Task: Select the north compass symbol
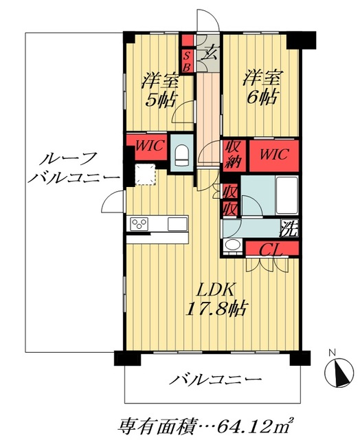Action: point(337,374)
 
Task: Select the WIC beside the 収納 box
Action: point(273,151)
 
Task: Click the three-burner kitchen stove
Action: point(140,223)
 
